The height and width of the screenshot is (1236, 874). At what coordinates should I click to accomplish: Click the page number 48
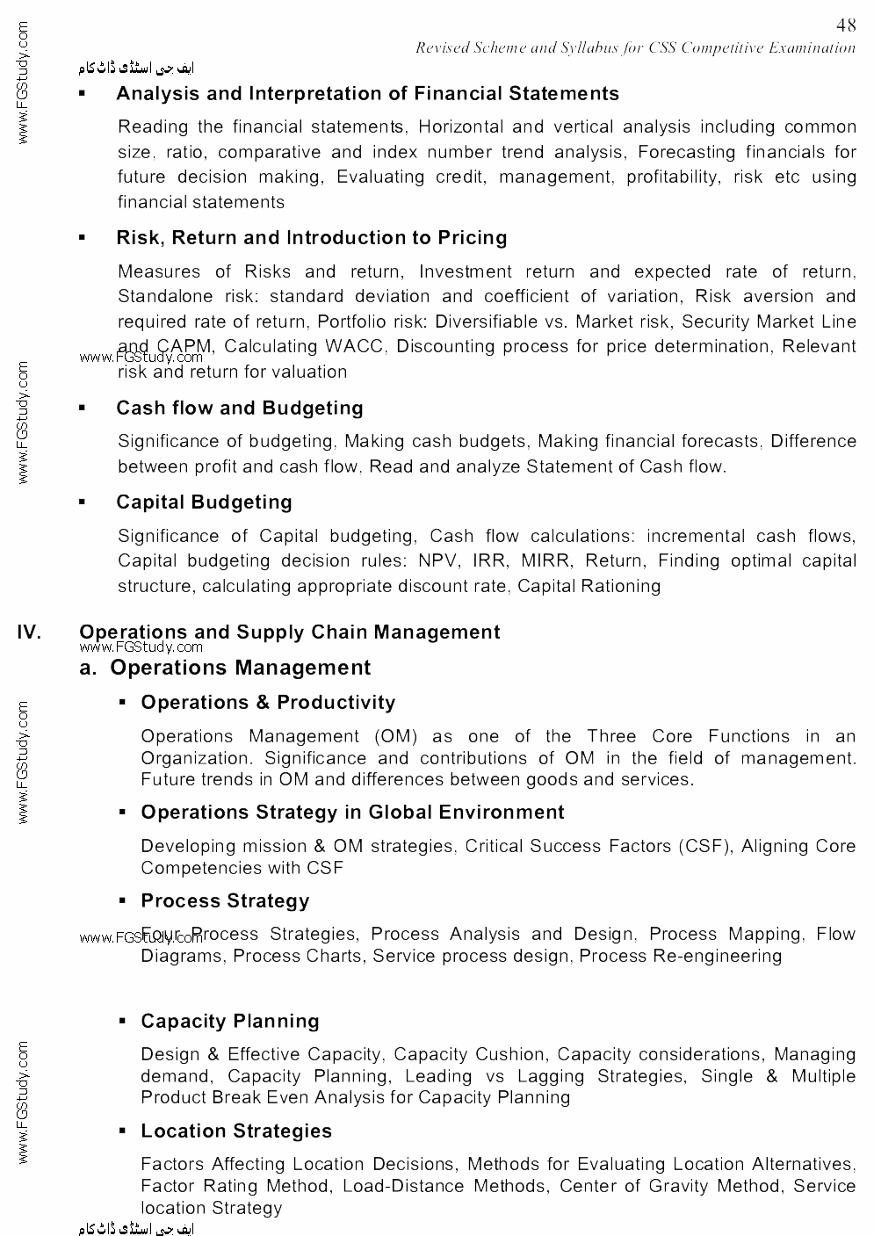coord(846,25)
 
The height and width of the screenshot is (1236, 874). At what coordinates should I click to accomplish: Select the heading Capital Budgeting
coord(204,502)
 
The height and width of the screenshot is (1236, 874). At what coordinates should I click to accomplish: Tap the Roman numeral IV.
coord(29,632)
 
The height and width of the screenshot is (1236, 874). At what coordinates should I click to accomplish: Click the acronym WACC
coord(354,346)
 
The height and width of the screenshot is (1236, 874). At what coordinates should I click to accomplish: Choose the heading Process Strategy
coord(225,901)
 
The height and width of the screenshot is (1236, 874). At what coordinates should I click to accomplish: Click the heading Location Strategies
coord(236,1131)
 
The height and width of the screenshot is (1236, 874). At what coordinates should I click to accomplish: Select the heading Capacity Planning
coord(230,1022)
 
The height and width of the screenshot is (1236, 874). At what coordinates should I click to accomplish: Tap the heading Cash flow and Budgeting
coord(239,408)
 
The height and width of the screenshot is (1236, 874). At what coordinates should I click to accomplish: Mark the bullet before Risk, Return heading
coord(83,238)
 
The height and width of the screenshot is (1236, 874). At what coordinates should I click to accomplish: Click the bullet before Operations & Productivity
coord(124,703)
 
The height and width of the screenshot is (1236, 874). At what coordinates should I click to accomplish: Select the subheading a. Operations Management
coord(225,668)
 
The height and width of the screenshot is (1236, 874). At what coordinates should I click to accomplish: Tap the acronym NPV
coord(437,560)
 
